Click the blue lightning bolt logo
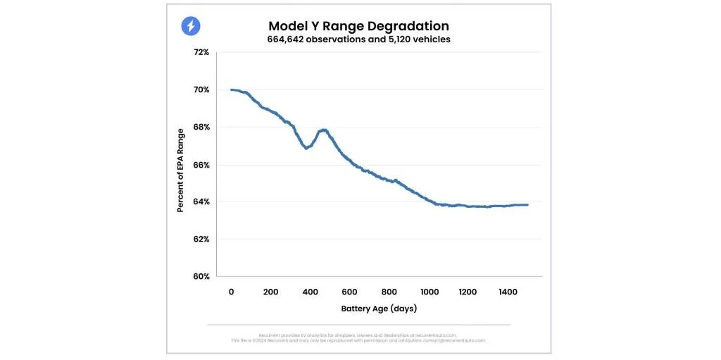(x=191, y=27)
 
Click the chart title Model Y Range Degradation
(x=359, y=26)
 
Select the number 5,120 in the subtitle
(x=396, y=40)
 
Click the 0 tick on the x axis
(x=231, y=292)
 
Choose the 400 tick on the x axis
(x=310, y=292)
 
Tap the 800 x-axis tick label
(x=389, y=292)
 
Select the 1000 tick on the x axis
(x=428, y=292)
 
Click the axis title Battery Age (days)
(x=379, y=309)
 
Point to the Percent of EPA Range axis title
(x=181, y=170)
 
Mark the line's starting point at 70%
(x=232, y=90)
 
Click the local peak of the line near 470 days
(x=324, y=130)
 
